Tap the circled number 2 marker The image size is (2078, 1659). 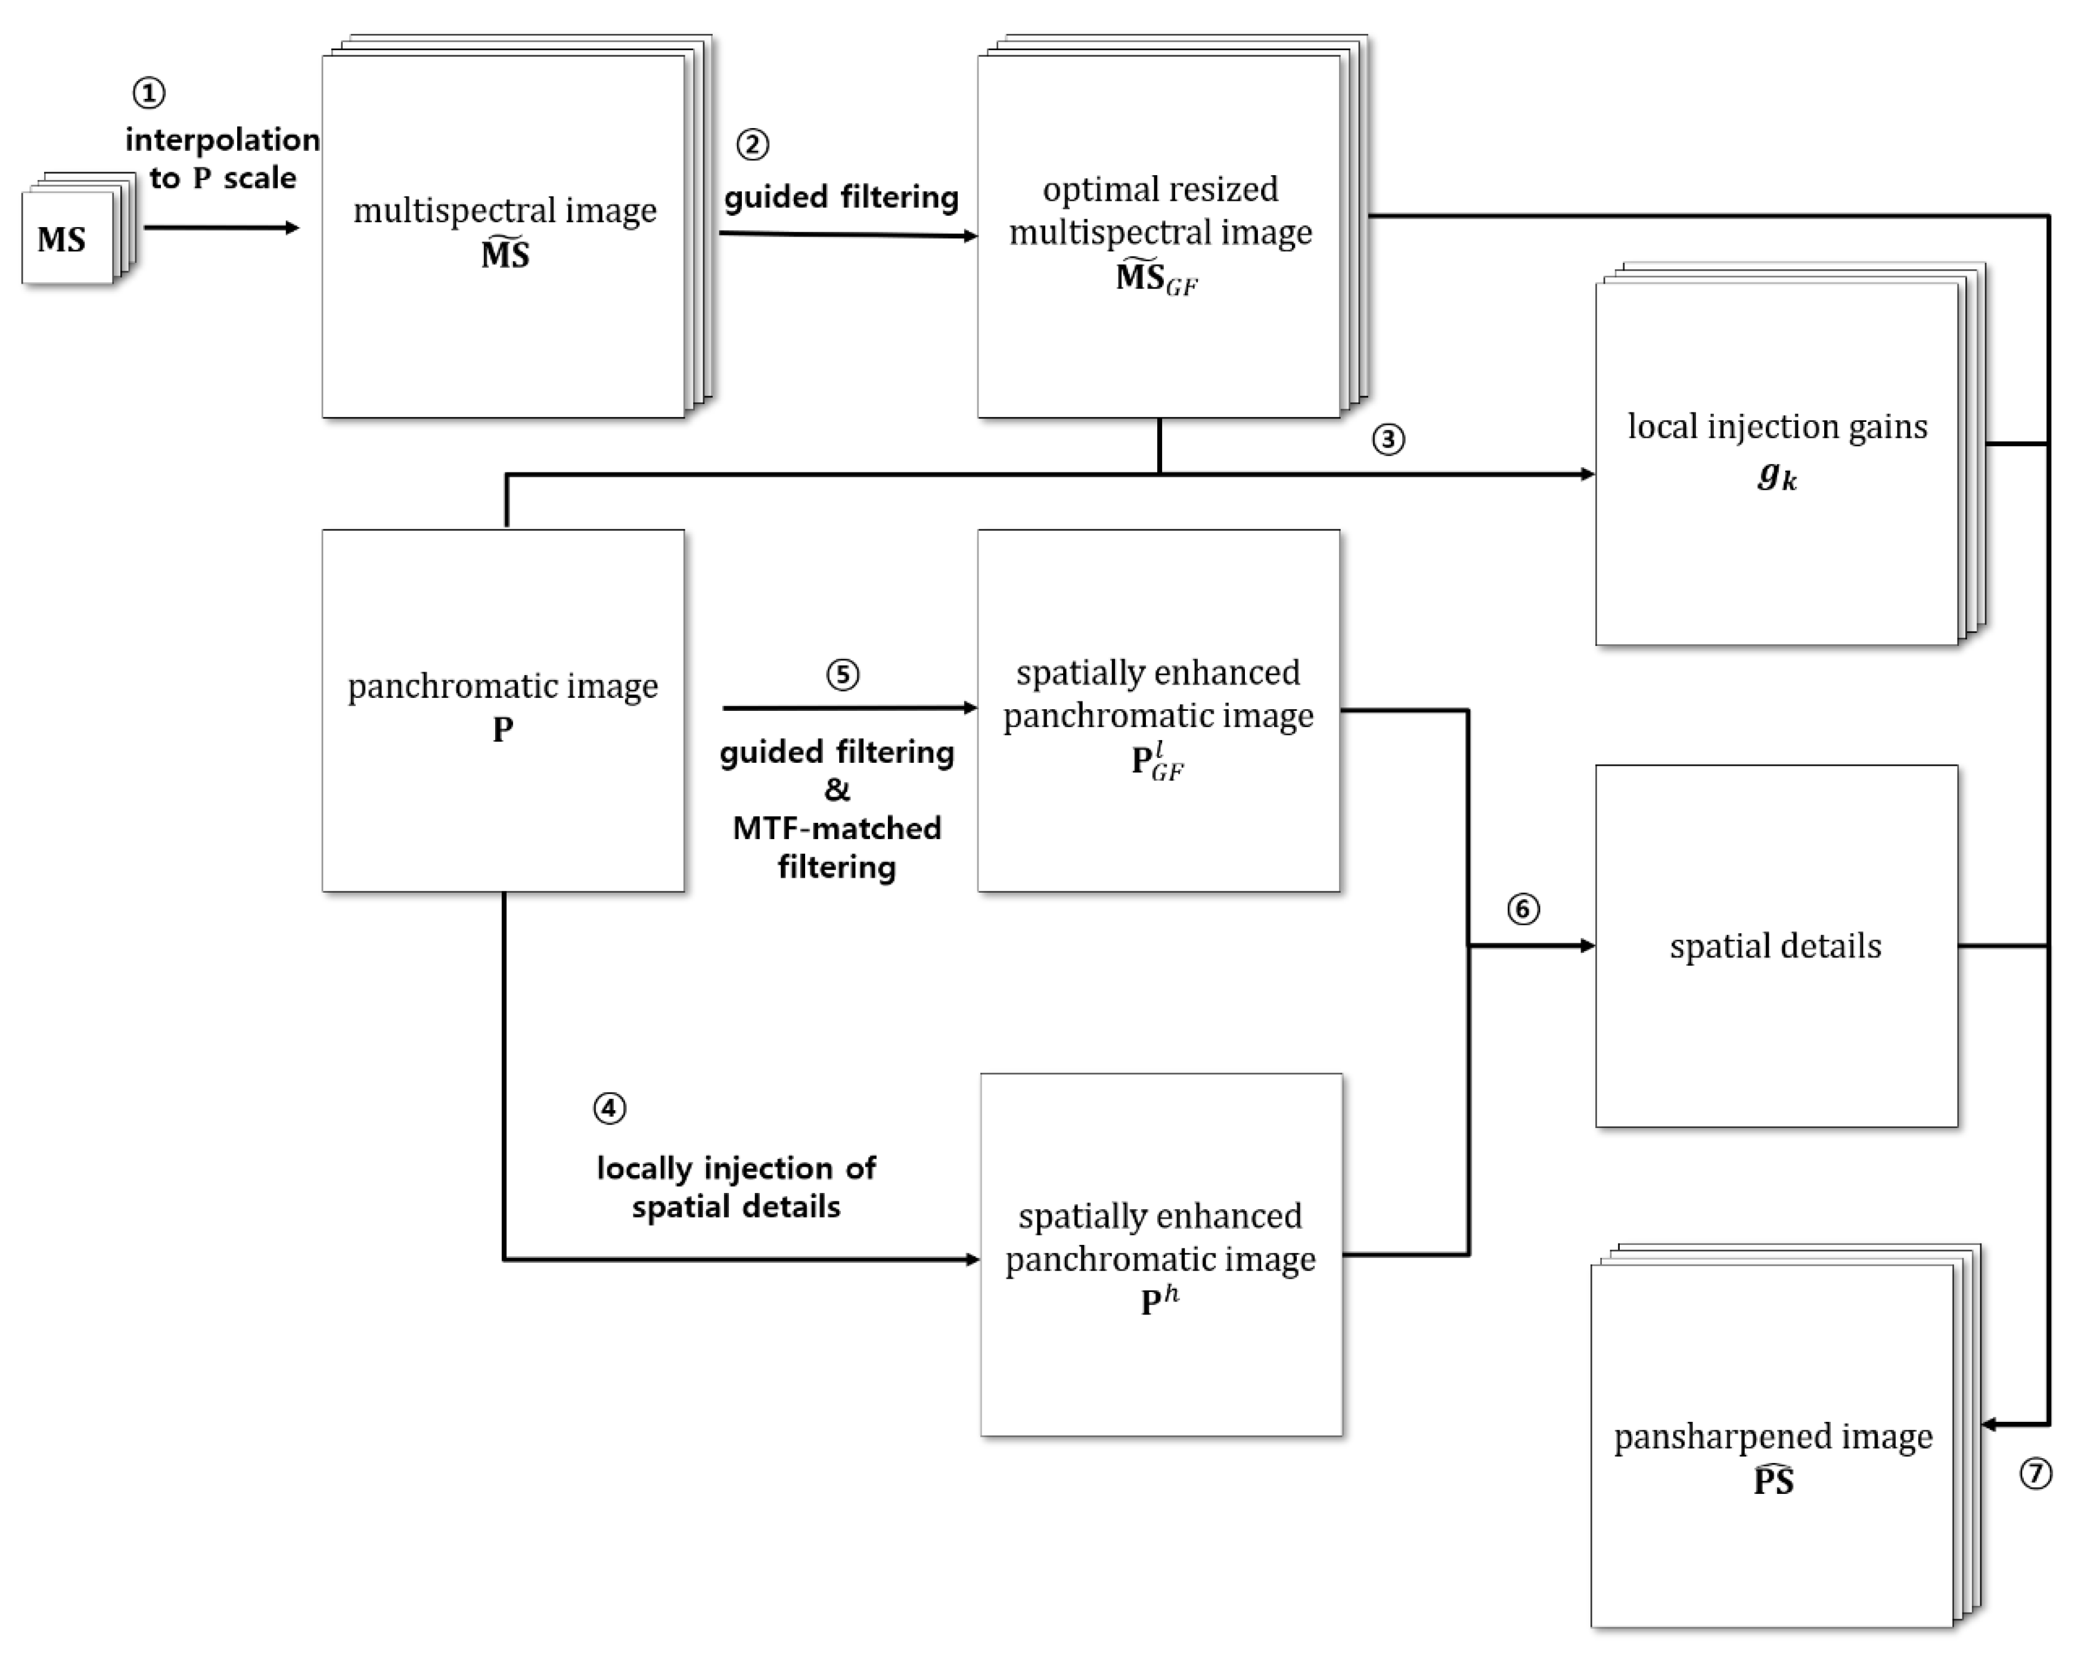pyautogui.click(x=753, y=145)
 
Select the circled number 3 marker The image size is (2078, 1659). pyautogui.click(x=1388, y=440)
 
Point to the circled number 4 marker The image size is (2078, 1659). pyautogui.click(x=609, y=1108)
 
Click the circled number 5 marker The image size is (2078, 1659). pyautogui.click(x=843, y=675)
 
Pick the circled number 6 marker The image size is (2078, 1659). pyautogui.click(x=1523, y=909)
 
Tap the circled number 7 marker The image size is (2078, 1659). pyautogui.click(x=2036, y=1474)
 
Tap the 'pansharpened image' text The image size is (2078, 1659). pyautogui.click(x=1773, y=1436)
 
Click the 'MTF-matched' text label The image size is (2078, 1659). pyautogui.click(x=837, y=828)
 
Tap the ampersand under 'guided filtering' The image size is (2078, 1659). pyautogui.click(x=837, y=790)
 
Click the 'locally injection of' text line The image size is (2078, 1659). pyautogui.click(x=737, y=1169)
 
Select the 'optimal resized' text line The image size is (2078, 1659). pyautogui.click(x=1160, y=189)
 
